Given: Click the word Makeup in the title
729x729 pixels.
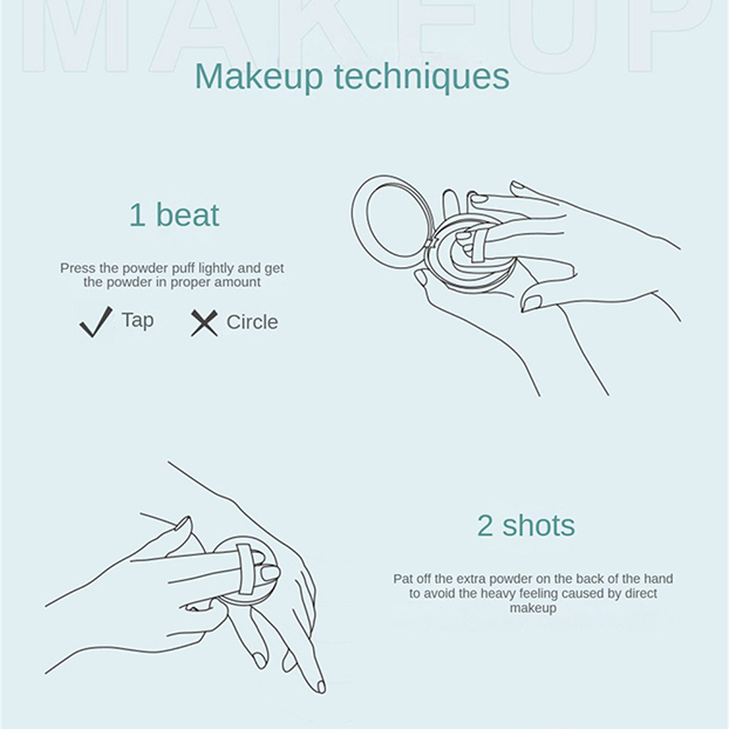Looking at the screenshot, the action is coord(259,77).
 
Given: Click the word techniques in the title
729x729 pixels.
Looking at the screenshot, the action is coord(421,77).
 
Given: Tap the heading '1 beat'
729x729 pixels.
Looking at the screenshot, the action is coord(174,215).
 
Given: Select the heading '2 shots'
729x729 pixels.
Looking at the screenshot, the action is coord(526,526).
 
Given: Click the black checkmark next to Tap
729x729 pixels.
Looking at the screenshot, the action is coord(95,321).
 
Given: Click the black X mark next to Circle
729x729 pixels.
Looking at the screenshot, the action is coord(204,323).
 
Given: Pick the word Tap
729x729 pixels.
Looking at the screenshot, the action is coord(138,320).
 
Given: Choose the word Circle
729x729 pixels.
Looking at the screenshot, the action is coord(252,321).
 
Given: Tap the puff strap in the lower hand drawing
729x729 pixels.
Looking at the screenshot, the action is coord(245,569).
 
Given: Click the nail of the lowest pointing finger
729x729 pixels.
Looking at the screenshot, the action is coord(320,686).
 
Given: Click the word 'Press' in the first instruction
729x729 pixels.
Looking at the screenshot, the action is coord(78,268).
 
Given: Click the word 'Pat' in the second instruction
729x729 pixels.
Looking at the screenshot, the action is coord(403,579).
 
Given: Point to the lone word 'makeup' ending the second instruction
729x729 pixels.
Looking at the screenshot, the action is coord(533,608).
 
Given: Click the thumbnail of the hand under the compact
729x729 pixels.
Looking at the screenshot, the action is coord(421,278).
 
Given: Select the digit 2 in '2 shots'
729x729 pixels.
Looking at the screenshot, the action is coord(485,526).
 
